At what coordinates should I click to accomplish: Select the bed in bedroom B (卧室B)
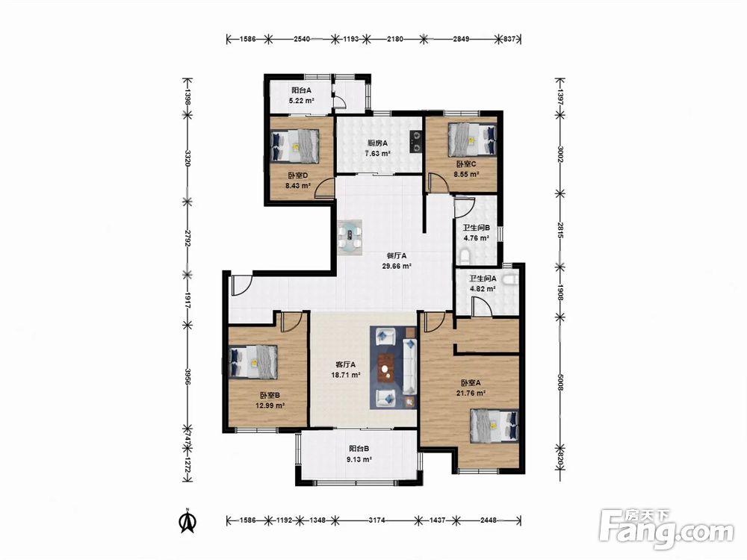tap(253, 362)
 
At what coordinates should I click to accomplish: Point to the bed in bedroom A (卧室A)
tap(494, 426)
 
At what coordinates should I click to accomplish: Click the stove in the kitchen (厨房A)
tap(416, 141)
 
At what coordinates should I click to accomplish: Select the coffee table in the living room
tap(387, 368)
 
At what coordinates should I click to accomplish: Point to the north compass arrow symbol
tap(188, 522)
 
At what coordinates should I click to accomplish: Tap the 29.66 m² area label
tap(397, 267)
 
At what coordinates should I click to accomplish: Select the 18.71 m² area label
tap(345, 375)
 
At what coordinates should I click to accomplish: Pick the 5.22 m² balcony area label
tap(301, 101)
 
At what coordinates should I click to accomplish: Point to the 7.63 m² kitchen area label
tap(378, 153)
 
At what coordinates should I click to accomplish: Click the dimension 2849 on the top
tap(460, 39)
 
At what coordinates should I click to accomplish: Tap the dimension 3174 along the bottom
tap(376, 520)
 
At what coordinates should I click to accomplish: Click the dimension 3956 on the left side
tap(188, 376)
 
